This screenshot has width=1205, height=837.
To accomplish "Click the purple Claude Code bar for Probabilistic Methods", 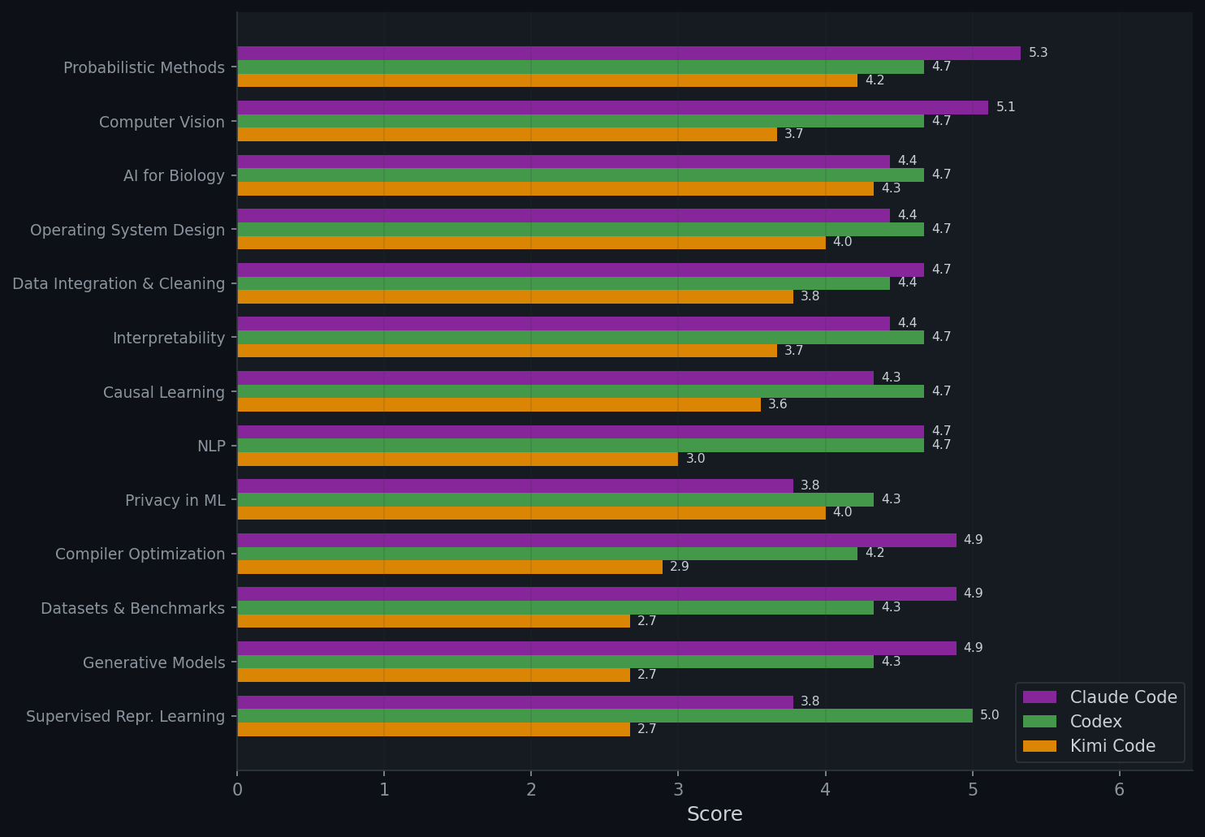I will (628, 53).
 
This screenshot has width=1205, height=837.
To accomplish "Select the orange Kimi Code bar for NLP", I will (457, 459).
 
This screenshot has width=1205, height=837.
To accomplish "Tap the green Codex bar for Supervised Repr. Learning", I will (604, 715).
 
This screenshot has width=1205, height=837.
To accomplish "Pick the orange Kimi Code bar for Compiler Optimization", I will (449, 567).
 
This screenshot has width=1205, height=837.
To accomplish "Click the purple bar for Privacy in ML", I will (515, 485).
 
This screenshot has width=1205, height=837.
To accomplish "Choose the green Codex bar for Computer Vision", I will (580, 121).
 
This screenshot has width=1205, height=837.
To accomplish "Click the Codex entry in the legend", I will (1095, 722).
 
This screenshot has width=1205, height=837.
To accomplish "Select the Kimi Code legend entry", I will (1112, 746).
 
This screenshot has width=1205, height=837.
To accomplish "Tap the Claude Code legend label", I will (1123, 697).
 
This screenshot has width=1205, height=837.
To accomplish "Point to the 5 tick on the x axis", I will (972, 789).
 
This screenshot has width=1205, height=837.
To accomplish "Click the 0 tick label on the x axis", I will (237, 789).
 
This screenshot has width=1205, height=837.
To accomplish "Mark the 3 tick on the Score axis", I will (678, 789).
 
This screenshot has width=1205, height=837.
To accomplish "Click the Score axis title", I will (715, 814).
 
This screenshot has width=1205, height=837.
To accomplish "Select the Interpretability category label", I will (168, 338).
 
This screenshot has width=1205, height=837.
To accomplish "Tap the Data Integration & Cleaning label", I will (119, 283).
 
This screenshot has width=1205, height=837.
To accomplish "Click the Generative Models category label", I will (153, 662).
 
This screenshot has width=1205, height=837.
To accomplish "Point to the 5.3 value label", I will (1038, 53).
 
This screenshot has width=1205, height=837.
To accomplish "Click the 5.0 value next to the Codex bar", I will (989, 715).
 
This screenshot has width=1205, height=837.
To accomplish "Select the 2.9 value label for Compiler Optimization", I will (679, 567).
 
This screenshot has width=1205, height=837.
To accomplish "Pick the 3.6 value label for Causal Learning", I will (777, 404).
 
